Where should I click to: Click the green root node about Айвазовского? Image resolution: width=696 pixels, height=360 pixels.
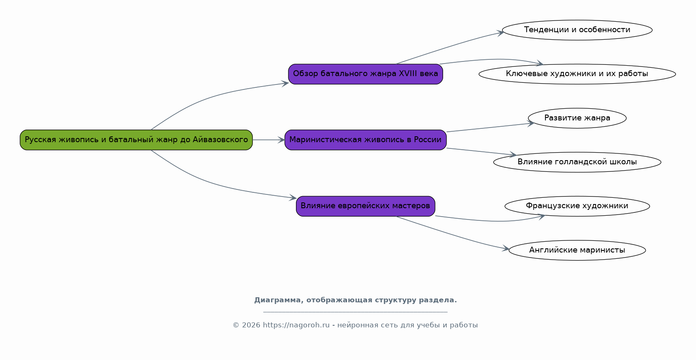coord(136,140)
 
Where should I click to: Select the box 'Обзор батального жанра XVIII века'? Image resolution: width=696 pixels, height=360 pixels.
coord(365,74)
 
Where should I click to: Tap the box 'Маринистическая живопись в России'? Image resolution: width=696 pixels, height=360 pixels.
coord(365,140)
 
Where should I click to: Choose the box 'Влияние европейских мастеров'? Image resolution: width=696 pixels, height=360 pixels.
coord(365,206)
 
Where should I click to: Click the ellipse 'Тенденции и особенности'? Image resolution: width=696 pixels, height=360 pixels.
coord(577,30)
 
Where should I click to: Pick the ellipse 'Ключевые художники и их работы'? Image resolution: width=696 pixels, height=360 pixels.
coord(577,74)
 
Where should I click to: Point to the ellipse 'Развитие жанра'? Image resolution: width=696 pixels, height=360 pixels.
coord(577,118)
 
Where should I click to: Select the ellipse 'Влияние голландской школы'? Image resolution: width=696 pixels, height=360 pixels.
coord(577,162)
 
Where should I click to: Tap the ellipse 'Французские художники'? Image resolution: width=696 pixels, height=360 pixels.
coord(577,206)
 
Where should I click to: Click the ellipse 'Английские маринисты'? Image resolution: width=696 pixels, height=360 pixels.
coord(577,250)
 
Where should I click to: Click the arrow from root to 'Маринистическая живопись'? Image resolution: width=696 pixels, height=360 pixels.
coord(269,140)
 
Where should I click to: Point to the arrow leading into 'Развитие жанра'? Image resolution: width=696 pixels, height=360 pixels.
coord(490,128)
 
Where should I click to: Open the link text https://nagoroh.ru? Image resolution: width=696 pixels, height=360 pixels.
coord(296,325)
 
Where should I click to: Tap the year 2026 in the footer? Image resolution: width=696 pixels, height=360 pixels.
coord(251,325)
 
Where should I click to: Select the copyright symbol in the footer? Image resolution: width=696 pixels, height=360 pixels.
coord(236,325)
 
